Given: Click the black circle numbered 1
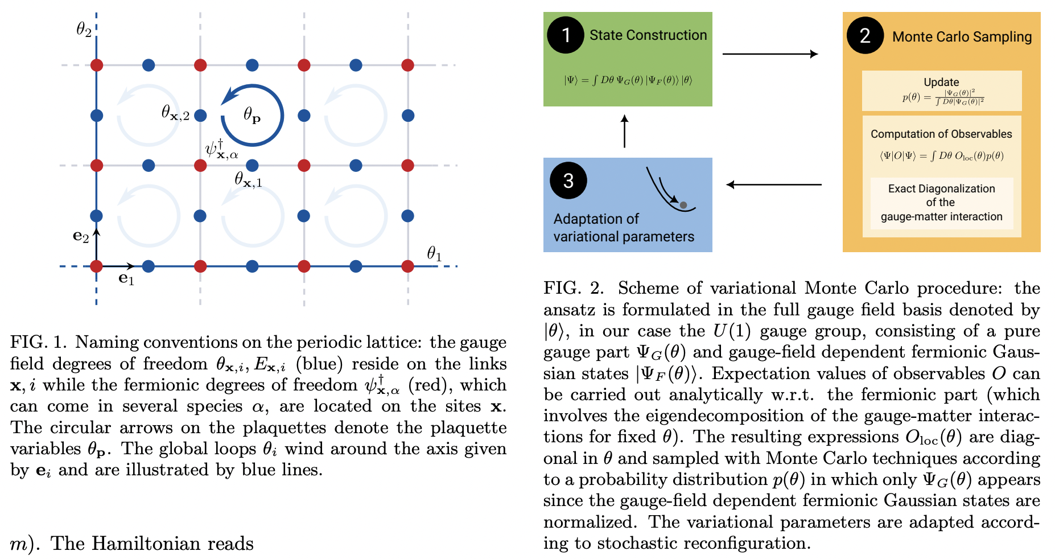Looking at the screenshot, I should click(566, 35).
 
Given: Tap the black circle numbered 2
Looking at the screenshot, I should click(865, 36).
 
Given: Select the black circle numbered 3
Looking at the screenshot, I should click(568, 180).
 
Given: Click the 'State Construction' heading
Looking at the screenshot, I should click(648, 35).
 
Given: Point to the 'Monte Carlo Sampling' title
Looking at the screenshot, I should click(962, 37).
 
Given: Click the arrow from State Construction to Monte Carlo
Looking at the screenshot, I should click(769, 54).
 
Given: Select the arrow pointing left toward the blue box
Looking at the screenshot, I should click(774, 184).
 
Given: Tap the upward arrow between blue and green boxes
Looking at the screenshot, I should click(625, 131).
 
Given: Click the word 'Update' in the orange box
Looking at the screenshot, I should click(941, 82).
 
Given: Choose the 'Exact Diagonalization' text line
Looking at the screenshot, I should click(941, 189).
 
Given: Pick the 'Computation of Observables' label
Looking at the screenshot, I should click(941, 134).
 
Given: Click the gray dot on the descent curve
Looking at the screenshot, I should click(683, 205).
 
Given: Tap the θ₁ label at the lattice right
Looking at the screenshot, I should click(434, 253).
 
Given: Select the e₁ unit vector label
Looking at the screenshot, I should click(126, 278).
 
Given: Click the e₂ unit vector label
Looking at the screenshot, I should click(81, 236).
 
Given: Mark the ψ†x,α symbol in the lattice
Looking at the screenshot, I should click(221, 149).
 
